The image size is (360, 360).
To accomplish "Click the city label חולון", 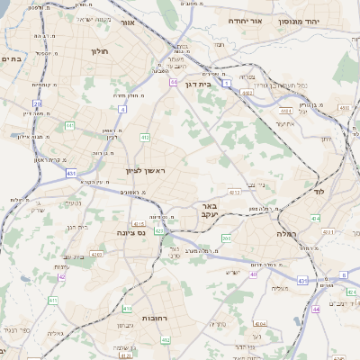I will click(99, 51).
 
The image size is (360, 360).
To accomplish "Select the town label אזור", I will click(127, 21).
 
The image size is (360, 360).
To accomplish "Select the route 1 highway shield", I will click(227, 83).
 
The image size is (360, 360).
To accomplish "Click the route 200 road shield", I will click(227, 238).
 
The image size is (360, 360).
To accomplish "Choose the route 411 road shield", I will click(52, 299).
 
